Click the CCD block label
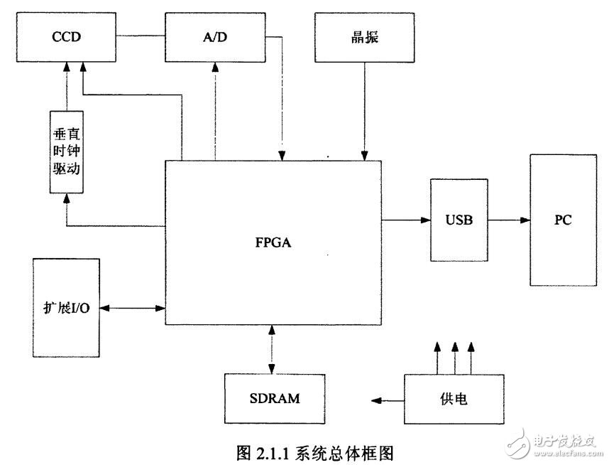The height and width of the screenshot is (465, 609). [65, 37]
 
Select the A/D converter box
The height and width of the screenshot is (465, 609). [213, 37]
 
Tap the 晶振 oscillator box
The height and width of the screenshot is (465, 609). [364, 37]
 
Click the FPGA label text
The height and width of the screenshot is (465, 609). [273, 242]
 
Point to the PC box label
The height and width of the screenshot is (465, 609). [563, 220]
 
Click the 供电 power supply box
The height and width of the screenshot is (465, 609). [454, 399]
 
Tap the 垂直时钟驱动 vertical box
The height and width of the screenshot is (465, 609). [68, 152]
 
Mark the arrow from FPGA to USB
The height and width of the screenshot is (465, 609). [406, 220]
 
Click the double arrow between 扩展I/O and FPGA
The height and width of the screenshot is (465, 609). [132, 308]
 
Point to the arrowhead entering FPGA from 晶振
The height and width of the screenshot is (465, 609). [364, 155]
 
